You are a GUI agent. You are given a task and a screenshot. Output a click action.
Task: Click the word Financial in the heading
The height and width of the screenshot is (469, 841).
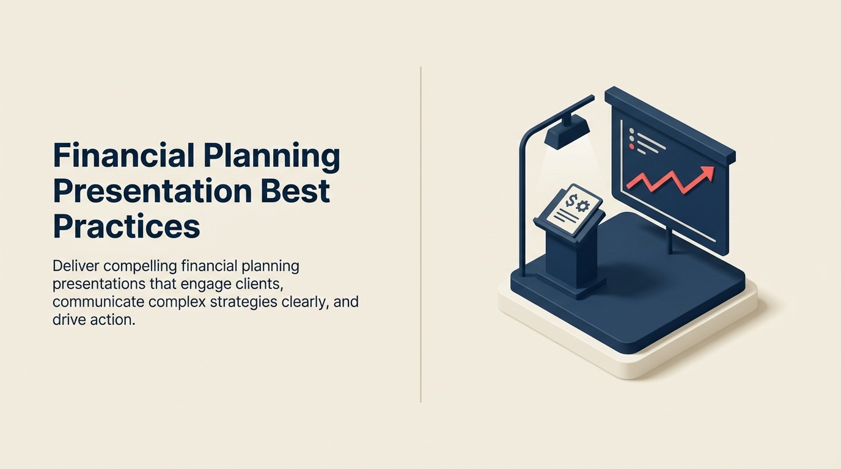124,155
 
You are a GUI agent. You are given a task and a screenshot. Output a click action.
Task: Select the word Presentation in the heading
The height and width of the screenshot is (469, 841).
152,191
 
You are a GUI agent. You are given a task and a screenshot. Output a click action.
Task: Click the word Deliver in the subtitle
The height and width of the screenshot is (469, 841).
76,266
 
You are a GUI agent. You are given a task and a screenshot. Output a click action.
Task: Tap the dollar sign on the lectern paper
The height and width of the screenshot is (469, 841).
570,201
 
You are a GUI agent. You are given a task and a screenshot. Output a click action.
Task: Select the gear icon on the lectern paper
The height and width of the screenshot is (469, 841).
582,206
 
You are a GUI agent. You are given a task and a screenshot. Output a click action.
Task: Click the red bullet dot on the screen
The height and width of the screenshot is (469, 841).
631,146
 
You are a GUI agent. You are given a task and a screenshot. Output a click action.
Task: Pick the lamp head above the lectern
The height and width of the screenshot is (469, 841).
567,132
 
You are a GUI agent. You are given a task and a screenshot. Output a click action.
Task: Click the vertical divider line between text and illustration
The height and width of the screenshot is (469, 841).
421,234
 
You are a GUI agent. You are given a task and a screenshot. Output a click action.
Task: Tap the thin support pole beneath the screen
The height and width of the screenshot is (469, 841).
670,240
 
